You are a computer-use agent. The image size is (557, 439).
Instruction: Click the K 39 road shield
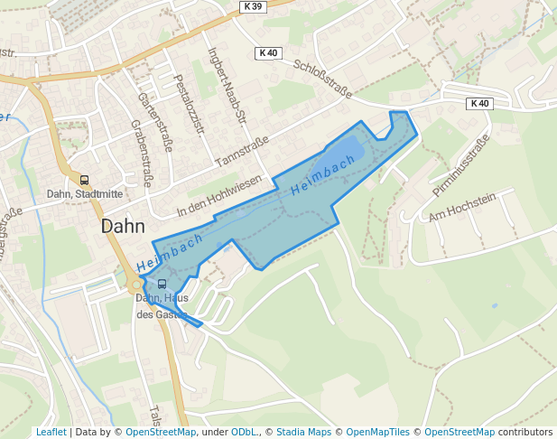pos(253,6)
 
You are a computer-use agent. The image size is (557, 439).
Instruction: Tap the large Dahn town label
pos(125,226)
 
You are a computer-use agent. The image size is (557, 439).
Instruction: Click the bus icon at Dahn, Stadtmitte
pos(85,181)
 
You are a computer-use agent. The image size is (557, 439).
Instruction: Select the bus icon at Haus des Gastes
pos(162,284)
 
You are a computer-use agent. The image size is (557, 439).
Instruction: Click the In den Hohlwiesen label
pos(219,196)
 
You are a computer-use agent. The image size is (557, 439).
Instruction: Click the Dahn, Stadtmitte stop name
pos(84,194)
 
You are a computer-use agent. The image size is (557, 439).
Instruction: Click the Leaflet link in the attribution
pos(51,433)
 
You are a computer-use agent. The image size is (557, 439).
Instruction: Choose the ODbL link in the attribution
pos(244,433)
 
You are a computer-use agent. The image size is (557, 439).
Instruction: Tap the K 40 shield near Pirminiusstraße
pos(479,104)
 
